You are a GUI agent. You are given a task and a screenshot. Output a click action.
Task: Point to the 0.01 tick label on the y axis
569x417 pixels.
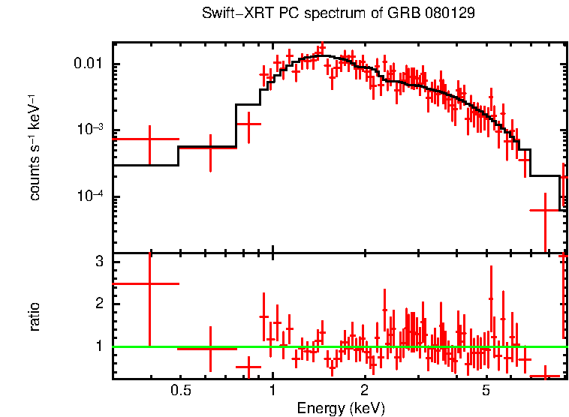(89, 64)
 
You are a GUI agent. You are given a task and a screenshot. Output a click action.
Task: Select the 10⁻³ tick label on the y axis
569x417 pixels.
(91, 130)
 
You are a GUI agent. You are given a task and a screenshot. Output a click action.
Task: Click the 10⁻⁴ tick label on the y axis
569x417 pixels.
(91, 196)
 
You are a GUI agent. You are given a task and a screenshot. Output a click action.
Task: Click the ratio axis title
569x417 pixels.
(35, 316)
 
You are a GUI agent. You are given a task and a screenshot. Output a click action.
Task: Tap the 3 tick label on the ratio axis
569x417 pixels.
(98, 262)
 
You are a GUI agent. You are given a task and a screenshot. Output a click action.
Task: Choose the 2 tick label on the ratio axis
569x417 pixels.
(98, 304)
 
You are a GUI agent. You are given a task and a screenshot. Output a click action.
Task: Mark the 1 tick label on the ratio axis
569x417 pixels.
(98, 346)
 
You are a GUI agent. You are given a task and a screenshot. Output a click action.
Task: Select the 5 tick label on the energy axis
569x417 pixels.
(486, 391)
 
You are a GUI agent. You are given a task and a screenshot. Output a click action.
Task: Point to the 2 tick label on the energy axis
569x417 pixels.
(364, 391)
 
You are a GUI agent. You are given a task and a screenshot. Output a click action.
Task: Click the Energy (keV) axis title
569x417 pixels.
(341, 408)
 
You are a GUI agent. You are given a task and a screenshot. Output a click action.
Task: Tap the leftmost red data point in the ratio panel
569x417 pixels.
(149, 283)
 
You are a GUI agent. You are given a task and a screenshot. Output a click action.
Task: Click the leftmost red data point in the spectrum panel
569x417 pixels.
(149, 139)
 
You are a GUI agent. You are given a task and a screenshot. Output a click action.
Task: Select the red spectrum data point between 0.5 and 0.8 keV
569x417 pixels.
(210, 148)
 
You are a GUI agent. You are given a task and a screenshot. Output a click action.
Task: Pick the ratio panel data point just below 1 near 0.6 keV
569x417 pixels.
(210, 348)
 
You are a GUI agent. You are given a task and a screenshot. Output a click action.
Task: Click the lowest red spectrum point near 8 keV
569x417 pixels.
(545, 211)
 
